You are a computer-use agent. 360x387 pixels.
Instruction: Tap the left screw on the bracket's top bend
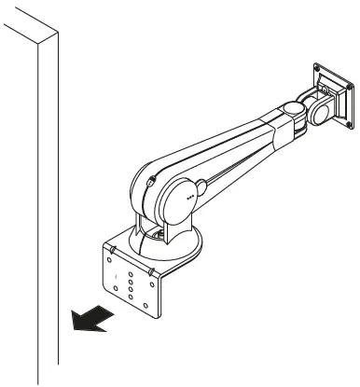coord(112,249)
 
